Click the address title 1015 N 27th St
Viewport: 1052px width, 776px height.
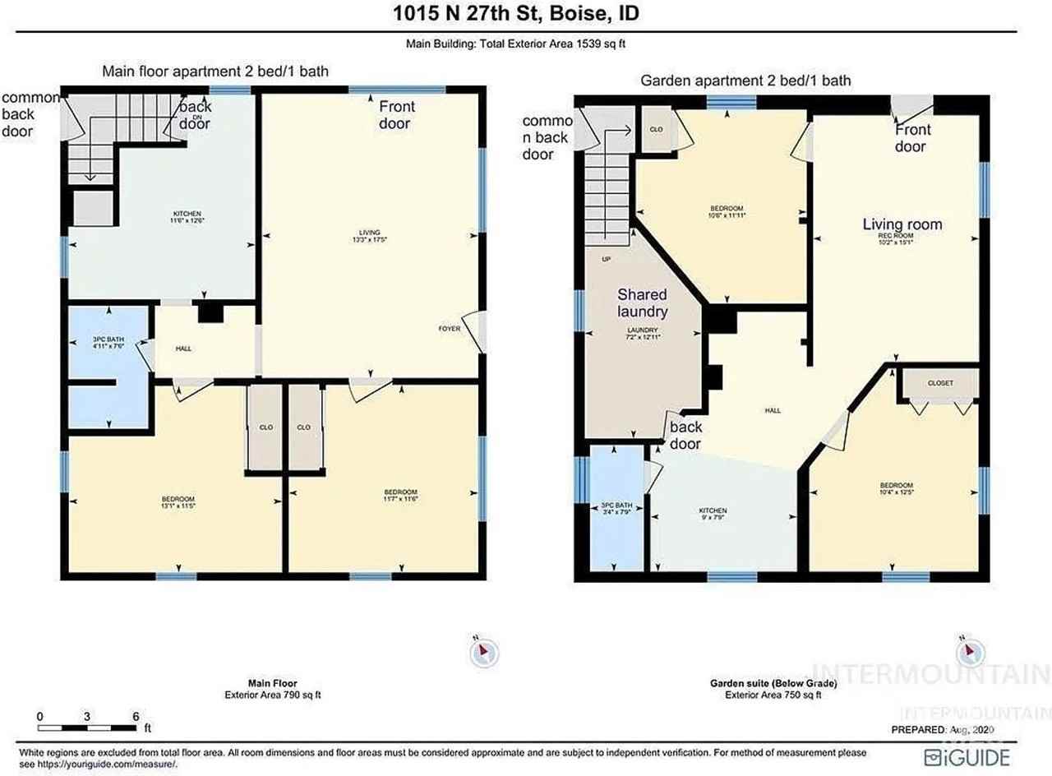click(525, 14)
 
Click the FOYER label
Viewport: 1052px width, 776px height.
click(450, 329)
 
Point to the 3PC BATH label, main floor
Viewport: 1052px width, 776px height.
click(107, 341)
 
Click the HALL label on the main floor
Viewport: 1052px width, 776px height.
click(183, 349)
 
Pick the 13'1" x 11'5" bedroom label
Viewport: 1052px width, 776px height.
click(178, 502)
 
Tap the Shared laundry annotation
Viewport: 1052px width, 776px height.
click(642, 303)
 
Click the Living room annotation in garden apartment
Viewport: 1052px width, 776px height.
click(902, 224)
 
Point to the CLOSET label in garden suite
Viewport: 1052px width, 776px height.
click(939, 383)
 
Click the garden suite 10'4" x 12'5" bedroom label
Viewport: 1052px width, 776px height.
click(896, 489)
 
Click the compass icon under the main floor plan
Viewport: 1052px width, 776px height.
click(483, 653)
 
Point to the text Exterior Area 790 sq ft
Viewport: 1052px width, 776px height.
click(272, 695)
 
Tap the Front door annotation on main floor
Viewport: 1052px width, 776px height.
click(395, 115)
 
